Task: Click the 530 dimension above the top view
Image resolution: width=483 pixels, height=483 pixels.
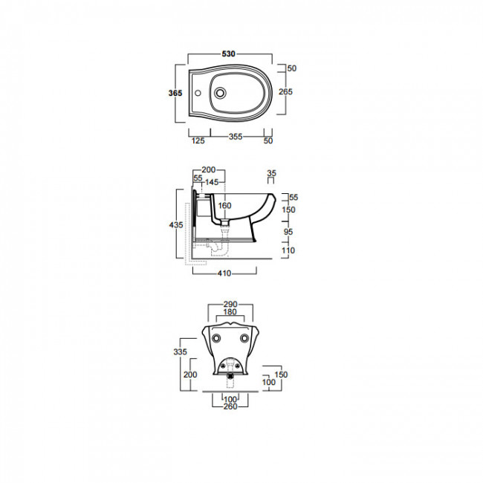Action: click(229, 54)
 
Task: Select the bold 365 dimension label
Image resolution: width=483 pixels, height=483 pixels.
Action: click(175, 93)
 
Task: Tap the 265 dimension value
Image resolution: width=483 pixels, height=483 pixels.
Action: click(285, 91)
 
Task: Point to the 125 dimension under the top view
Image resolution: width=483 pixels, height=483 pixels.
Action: click(198, 140)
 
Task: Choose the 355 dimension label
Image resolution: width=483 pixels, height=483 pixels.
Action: click(236, 137)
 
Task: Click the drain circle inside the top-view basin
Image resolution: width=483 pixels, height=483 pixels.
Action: click(220, 93)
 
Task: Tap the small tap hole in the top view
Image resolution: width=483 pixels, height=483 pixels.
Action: click(198, 93)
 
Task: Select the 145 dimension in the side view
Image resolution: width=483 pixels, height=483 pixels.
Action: click(212, 182)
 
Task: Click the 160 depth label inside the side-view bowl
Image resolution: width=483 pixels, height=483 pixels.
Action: click(224, 205)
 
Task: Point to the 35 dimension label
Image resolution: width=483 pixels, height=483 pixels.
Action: click(271, 173)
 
